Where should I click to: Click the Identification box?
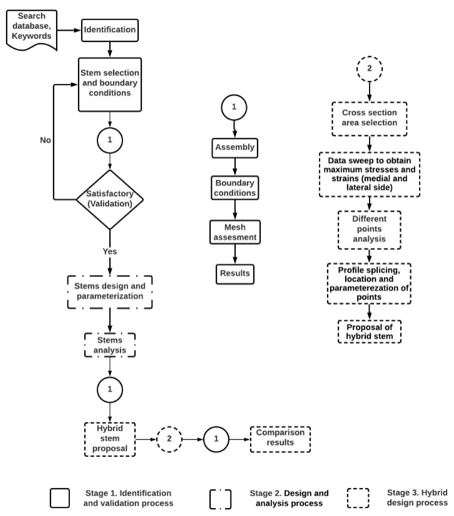point(110,30)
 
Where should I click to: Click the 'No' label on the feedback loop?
point(45,140)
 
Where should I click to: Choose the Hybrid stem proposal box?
point(110,439)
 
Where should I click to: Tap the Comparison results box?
point(280,439)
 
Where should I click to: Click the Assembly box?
point(235,148)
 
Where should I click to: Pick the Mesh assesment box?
point(235,232)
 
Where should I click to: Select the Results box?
point(235,274)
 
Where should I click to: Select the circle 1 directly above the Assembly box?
point(234,107)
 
